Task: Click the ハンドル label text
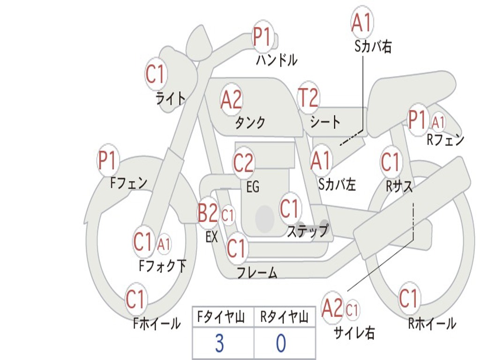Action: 277,60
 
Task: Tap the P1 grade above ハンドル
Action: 262,37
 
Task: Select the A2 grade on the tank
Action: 231,99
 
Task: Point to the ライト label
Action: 170,98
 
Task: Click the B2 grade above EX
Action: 208,214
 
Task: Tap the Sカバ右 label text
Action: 373,46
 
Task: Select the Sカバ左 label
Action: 337,185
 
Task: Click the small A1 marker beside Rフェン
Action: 438,122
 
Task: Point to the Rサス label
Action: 399,186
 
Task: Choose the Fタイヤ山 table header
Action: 221,318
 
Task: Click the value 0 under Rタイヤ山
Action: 280,344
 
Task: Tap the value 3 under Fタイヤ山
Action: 219,344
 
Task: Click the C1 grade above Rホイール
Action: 408,298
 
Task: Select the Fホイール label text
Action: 157,323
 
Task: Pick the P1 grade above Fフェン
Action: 107,161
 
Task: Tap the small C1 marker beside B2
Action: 228,216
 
